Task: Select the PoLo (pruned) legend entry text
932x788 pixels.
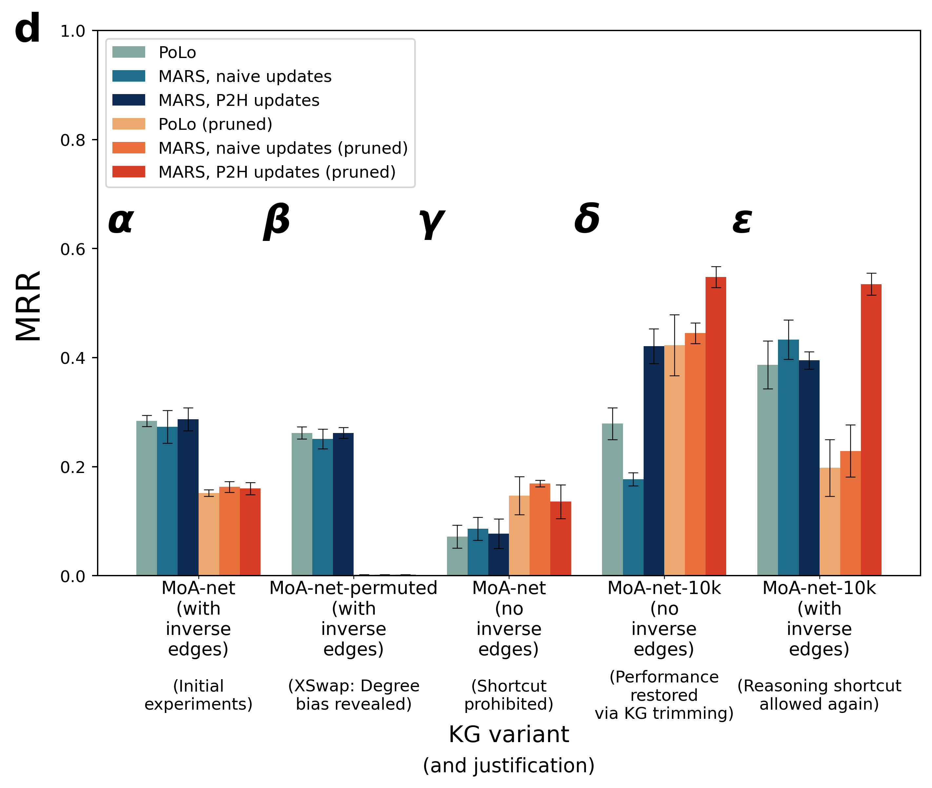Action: (x=215, y=124)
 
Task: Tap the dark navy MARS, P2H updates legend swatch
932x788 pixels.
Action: (x=128, y=100)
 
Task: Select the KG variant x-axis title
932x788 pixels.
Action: (x=509, y=734)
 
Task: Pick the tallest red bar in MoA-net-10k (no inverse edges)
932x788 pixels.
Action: (x=716, y=426)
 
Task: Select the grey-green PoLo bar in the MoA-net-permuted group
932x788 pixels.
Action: (x=302, y=504)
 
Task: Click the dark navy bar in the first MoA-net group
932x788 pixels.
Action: (x=188, y=497)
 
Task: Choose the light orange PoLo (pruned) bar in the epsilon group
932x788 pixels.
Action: (x=830, y=522)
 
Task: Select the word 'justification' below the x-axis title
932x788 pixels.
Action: (x=531, y=765)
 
